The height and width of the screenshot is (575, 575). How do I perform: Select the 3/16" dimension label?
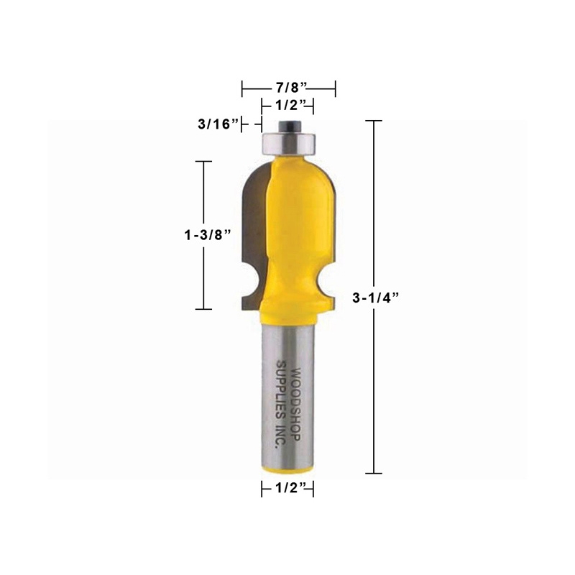point(218,124)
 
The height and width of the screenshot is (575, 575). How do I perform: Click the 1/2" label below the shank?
point(287,489)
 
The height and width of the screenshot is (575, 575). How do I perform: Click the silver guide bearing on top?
point(287,142)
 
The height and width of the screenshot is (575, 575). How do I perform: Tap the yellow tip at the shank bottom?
point(287,469)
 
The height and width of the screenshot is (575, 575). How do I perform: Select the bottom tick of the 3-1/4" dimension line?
point(372,473)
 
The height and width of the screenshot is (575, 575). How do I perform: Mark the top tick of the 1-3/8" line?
point(204,161)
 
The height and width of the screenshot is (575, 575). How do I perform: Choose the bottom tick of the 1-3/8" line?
point(204,309)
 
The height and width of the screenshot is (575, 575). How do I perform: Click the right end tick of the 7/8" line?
point(336,88)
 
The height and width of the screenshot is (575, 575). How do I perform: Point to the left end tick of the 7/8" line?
point(242,88)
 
